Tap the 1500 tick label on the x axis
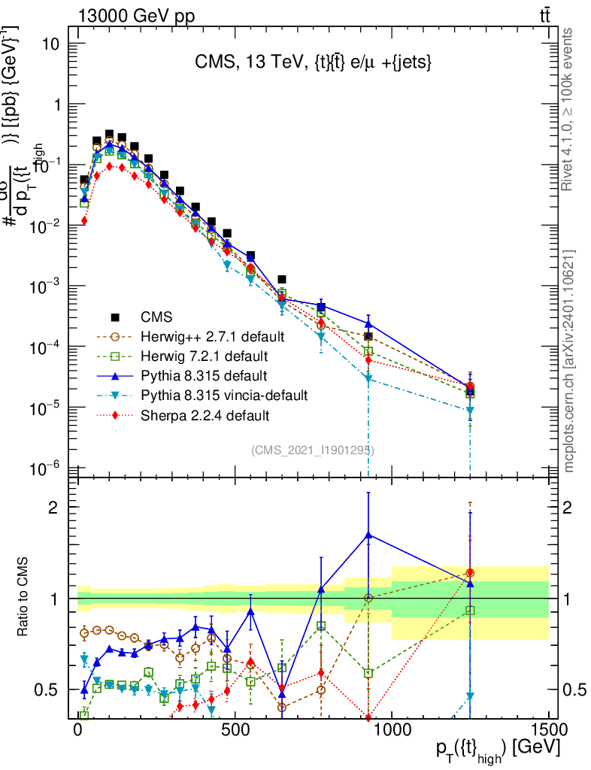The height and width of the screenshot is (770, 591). [548, 730]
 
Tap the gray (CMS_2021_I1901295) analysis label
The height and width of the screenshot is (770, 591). [312, 450]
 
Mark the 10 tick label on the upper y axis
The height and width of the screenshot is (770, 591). [51, 44]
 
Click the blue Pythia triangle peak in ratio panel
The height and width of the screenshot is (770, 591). [368, 534]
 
